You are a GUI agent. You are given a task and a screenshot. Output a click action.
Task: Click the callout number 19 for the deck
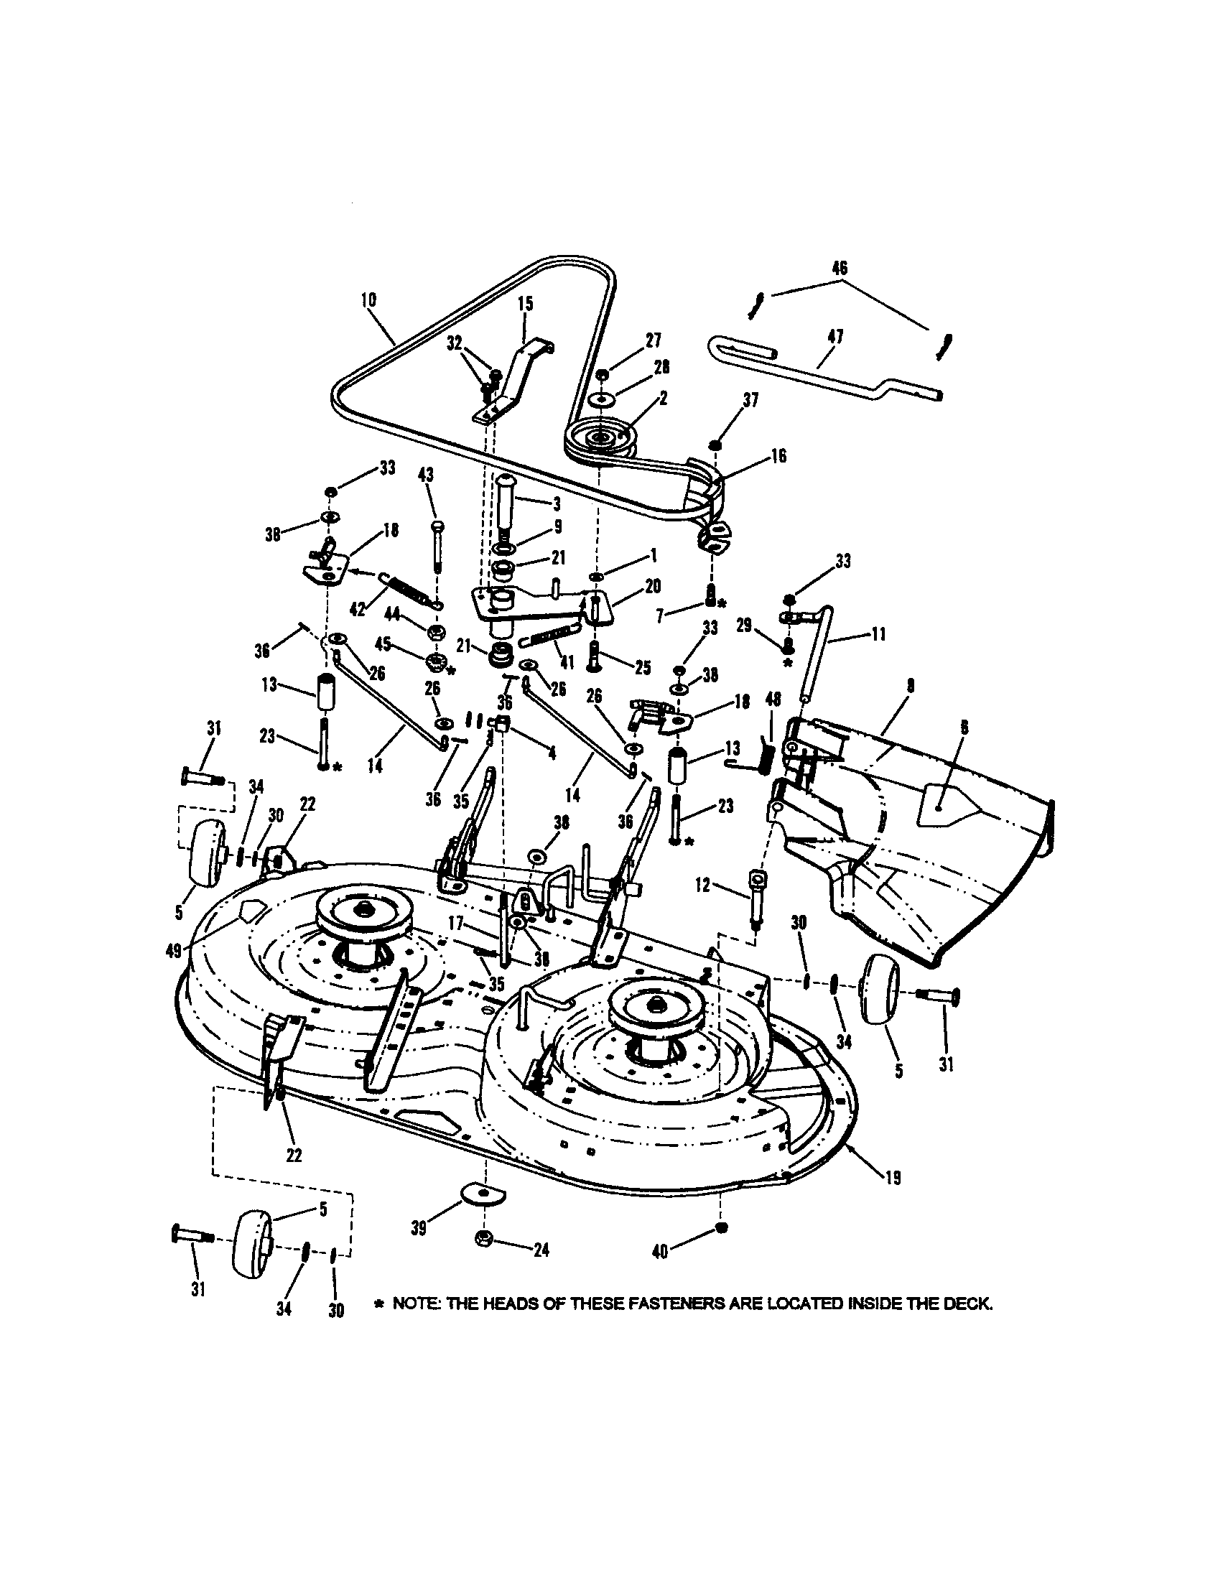click(893, 1178)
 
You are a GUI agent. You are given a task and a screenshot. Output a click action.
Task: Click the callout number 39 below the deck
click(419, 1227)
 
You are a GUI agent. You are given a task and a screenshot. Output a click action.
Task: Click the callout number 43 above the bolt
click(427, 475)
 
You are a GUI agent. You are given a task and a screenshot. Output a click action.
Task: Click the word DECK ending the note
click(971, 1303)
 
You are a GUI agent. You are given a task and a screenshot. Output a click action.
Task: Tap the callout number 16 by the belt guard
click(778, 457)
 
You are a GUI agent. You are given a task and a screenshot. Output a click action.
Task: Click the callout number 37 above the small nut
click(751, 399)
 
